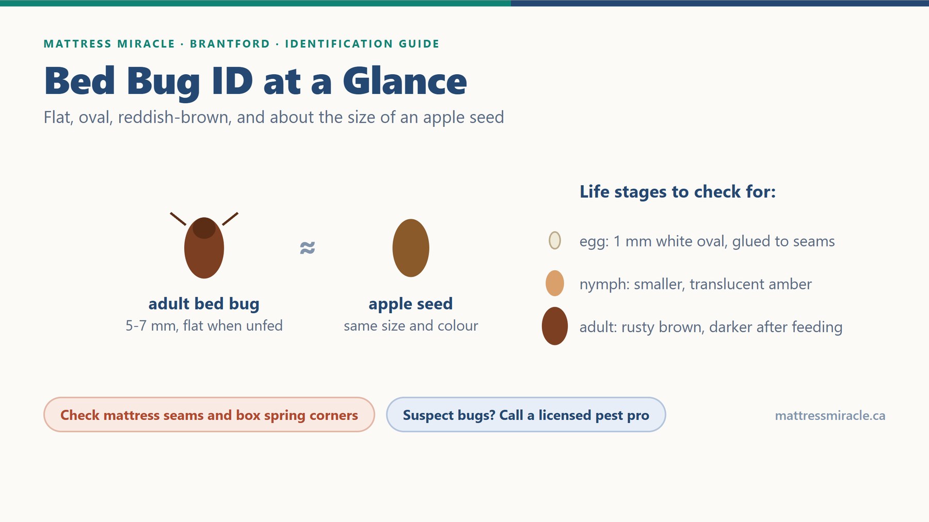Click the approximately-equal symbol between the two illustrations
tap(307, 248)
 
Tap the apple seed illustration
tap(411, 248)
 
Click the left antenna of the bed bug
tap(178, 219)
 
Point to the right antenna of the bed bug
tap(230, 219)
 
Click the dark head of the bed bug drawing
tap(204, 228)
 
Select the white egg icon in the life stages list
tap(555, 240)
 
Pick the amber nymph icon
tap(555, 283)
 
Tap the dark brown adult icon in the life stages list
tap(555, 326)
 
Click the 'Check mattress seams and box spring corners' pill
tap(209, 415)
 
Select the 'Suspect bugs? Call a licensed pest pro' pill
tap(526, 415)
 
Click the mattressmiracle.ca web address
tap(830, 416)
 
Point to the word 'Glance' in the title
tap(405, 81)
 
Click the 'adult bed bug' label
tap(204, 304)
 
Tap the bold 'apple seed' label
tap(411, 304)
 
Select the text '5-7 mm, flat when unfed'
tap(204, 326)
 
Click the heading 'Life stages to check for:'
tap(678, 192)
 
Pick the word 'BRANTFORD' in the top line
tap(230, 44)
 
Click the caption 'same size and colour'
tap(411, 326)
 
